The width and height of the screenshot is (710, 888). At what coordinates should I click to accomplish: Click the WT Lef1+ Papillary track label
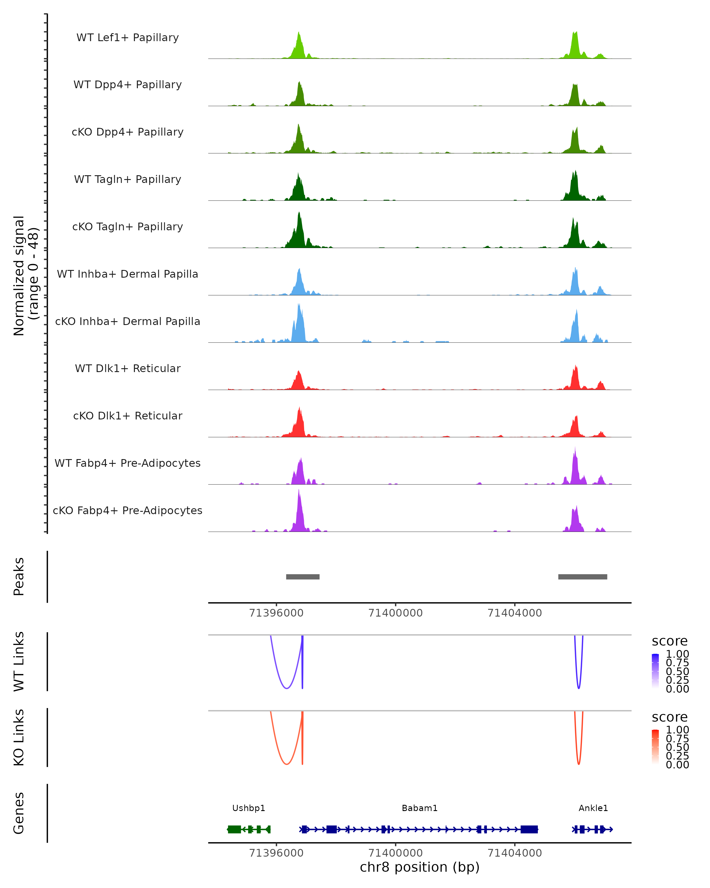(x=128, y=38)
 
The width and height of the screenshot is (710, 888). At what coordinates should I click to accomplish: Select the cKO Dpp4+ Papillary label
(x=128, y=132)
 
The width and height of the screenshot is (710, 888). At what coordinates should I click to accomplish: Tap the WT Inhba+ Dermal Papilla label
(x=128, y=274)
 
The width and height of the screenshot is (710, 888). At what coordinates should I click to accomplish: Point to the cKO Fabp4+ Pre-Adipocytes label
(x=128, y=510)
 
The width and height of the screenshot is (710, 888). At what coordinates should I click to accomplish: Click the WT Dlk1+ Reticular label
(x=128, y=368)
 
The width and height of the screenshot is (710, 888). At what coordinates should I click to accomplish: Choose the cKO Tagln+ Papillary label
(x=128, y=226)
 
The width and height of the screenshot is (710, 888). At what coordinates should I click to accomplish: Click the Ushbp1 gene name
(x=248, y=808)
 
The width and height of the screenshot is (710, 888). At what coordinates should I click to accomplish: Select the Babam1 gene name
(x=419, y=808)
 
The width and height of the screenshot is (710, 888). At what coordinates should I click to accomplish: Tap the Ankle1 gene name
(x=593, y=808)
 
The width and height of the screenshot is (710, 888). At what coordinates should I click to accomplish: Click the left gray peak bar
(x=303, y=577)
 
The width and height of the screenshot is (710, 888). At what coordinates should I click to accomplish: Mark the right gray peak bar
(x=582, y=577)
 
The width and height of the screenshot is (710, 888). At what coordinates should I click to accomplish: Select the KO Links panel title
(x=19, y=738)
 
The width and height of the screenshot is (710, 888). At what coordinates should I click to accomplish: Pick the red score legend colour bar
(x=655, y=747)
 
